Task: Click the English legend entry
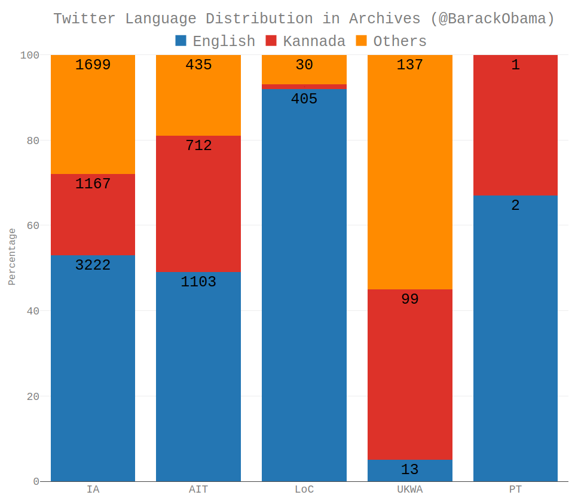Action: tap(215, 41)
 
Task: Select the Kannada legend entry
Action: tap(305, 41)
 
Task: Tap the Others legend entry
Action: tap(392, 41)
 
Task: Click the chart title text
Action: tap(304, 19)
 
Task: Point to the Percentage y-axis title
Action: tap(12, 256)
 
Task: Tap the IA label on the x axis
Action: tap(93, 490)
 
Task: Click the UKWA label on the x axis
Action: tap(409, 490)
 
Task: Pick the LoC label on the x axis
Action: tap(304, 490)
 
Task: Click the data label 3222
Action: tap(93, 265)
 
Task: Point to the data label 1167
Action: tap(93, 184)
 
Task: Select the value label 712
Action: tap(198, 146)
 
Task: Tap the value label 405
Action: tap(304, 99)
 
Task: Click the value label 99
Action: tap(409, 300)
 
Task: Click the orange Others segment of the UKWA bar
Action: tap(409, 179)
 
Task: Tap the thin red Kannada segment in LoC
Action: tap(304, 87)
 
